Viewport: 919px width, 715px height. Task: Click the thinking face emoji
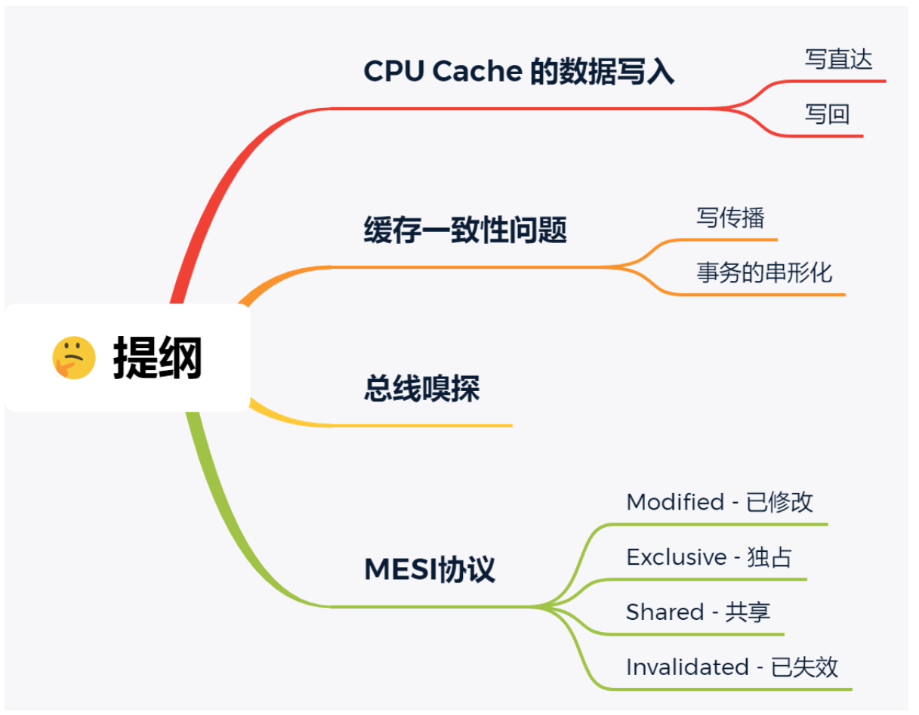pyautogui.click(x=73, y=358)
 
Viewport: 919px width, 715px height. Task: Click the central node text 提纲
pyautogui.click(x=158, y=358)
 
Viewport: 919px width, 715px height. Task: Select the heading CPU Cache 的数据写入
pyautogui.click(x=518, y=72)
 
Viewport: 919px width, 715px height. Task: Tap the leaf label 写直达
pyautogui.click(x=837, y=59)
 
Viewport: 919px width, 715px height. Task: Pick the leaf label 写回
pyautogui.click(x=827, y=114)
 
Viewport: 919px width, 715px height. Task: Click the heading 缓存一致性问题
pyautogui.click(x=464, y=230)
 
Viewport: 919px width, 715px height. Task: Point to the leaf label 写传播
pyautogui.click(x=729, y=217)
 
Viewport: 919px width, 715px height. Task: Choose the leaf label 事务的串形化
pyautogui.click(x=763, y=272)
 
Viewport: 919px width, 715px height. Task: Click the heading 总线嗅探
pyautogui.click(x=421, y=389)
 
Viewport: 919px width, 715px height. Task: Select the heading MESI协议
pyautogui.click(x=429, y=569)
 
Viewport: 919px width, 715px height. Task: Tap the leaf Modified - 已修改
pyautogui.click(x=719, y=502)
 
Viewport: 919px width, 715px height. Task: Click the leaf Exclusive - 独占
pyautogui.click(x=708, y=557)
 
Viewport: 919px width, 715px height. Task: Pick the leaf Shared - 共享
pyautogui.click(x=698, y=612)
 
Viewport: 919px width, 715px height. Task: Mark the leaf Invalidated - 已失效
pyautogui.click(x=731, y=667)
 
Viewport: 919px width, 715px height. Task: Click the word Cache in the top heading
pyautogui.click(x=488, y=72)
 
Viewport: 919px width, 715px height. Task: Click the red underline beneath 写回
pyautogui.click(x=823, y=136)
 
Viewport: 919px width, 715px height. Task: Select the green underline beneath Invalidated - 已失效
pyautogui.click(x=740, y=689)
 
